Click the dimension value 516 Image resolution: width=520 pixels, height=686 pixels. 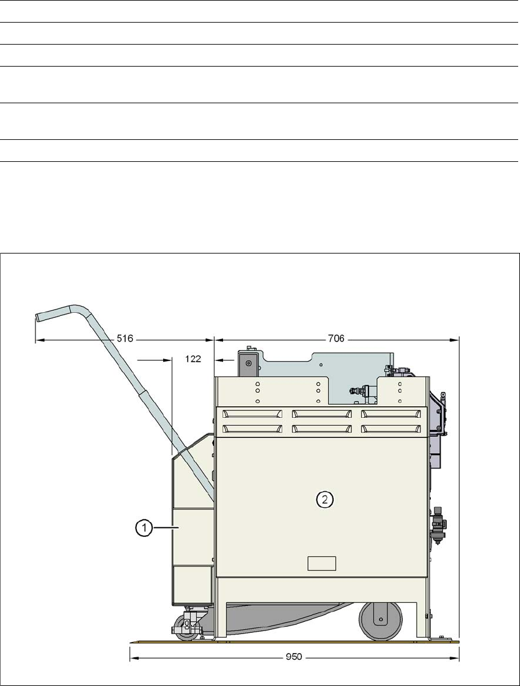click(125, 338)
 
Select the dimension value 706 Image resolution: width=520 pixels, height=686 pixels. click(335, 338)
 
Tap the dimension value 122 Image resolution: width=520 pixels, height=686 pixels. click(193, 359)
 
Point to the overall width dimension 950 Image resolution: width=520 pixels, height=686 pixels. click(294, 657)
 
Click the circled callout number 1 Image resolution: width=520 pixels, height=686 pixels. click(144, 528)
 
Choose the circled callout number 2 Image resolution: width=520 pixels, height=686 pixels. click(324, 499)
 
